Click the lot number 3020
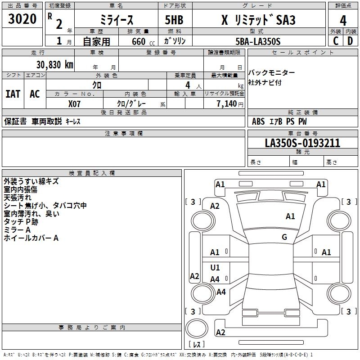pos(22,19)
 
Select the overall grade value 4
pos(343,21)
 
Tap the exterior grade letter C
pos(336,41)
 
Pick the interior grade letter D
pos(350,41)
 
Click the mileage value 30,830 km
pos(54,65)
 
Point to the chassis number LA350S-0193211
pos(302,143)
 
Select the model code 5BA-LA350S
pos(258,41)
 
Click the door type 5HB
pos(174,20)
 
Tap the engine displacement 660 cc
pos(143,41)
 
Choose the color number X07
pos(74,104)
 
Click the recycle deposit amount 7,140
pos(227,103)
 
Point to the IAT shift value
pos(13,94)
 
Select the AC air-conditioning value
pos(35,94)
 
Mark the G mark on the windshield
pos(284,237)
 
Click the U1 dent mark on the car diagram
pos(215,267)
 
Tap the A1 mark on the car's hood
pos(290,216)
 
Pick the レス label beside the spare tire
pos(197,344)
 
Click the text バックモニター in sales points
pos(271,73)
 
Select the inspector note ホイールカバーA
pos(31,238)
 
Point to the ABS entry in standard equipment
pos(258,121)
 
